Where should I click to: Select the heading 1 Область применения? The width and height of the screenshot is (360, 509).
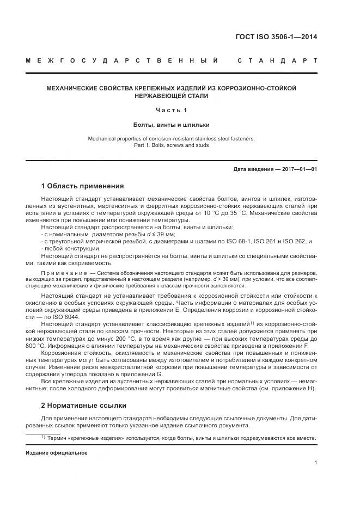(x=83, y=186)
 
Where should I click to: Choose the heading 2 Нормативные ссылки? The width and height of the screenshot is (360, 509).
(x=84, y=406)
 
